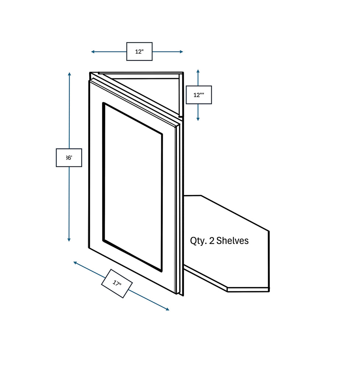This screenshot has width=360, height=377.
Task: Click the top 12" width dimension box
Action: (139, 52)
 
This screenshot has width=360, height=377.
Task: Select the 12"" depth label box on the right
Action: (199, 95)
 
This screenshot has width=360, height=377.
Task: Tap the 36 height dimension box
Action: (69, 158)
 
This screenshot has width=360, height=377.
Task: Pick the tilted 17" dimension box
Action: (117, 283)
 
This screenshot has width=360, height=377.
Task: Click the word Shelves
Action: (232, 241)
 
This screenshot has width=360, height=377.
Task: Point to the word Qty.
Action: (198, 241)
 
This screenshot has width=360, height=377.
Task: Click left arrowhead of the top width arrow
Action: (93, 52)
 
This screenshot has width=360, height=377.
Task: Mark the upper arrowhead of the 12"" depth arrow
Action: (198, 71)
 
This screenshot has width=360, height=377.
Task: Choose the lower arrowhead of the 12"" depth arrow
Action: (198, 119)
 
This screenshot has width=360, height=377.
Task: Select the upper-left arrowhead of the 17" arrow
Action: (75, 263)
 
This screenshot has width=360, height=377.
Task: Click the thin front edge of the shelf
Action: (248, 289)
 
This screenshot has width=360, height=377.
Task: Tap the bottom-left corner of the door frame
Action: (90, 247)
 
